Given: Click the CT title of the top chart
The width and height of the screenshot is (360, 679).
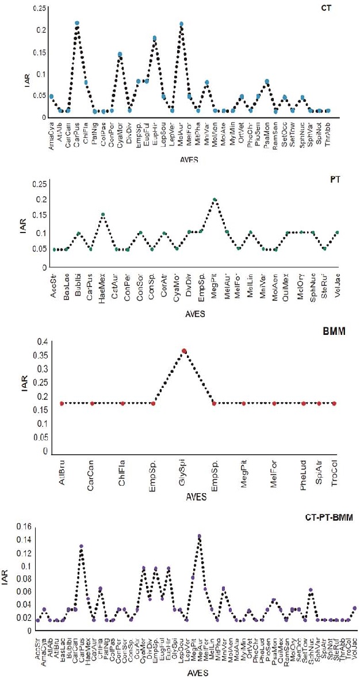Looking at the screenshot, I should click(342, 10).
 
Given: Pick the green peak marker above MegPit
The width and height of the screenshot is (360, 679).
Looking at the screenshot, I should click(215, 200).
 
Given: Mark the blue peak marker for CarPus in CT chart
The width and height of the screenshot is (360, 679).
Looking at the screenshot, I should click(77, 24).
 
